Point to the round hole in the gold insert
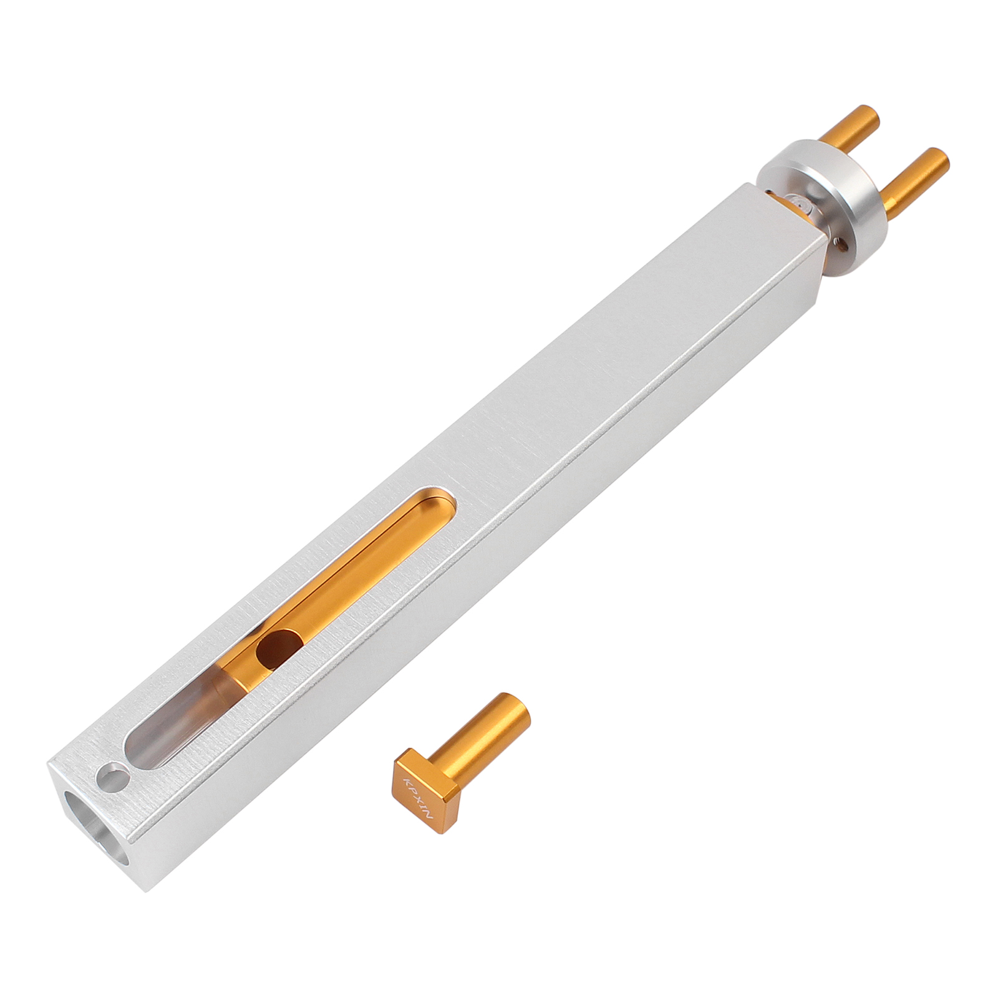(x=279, y=651)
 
